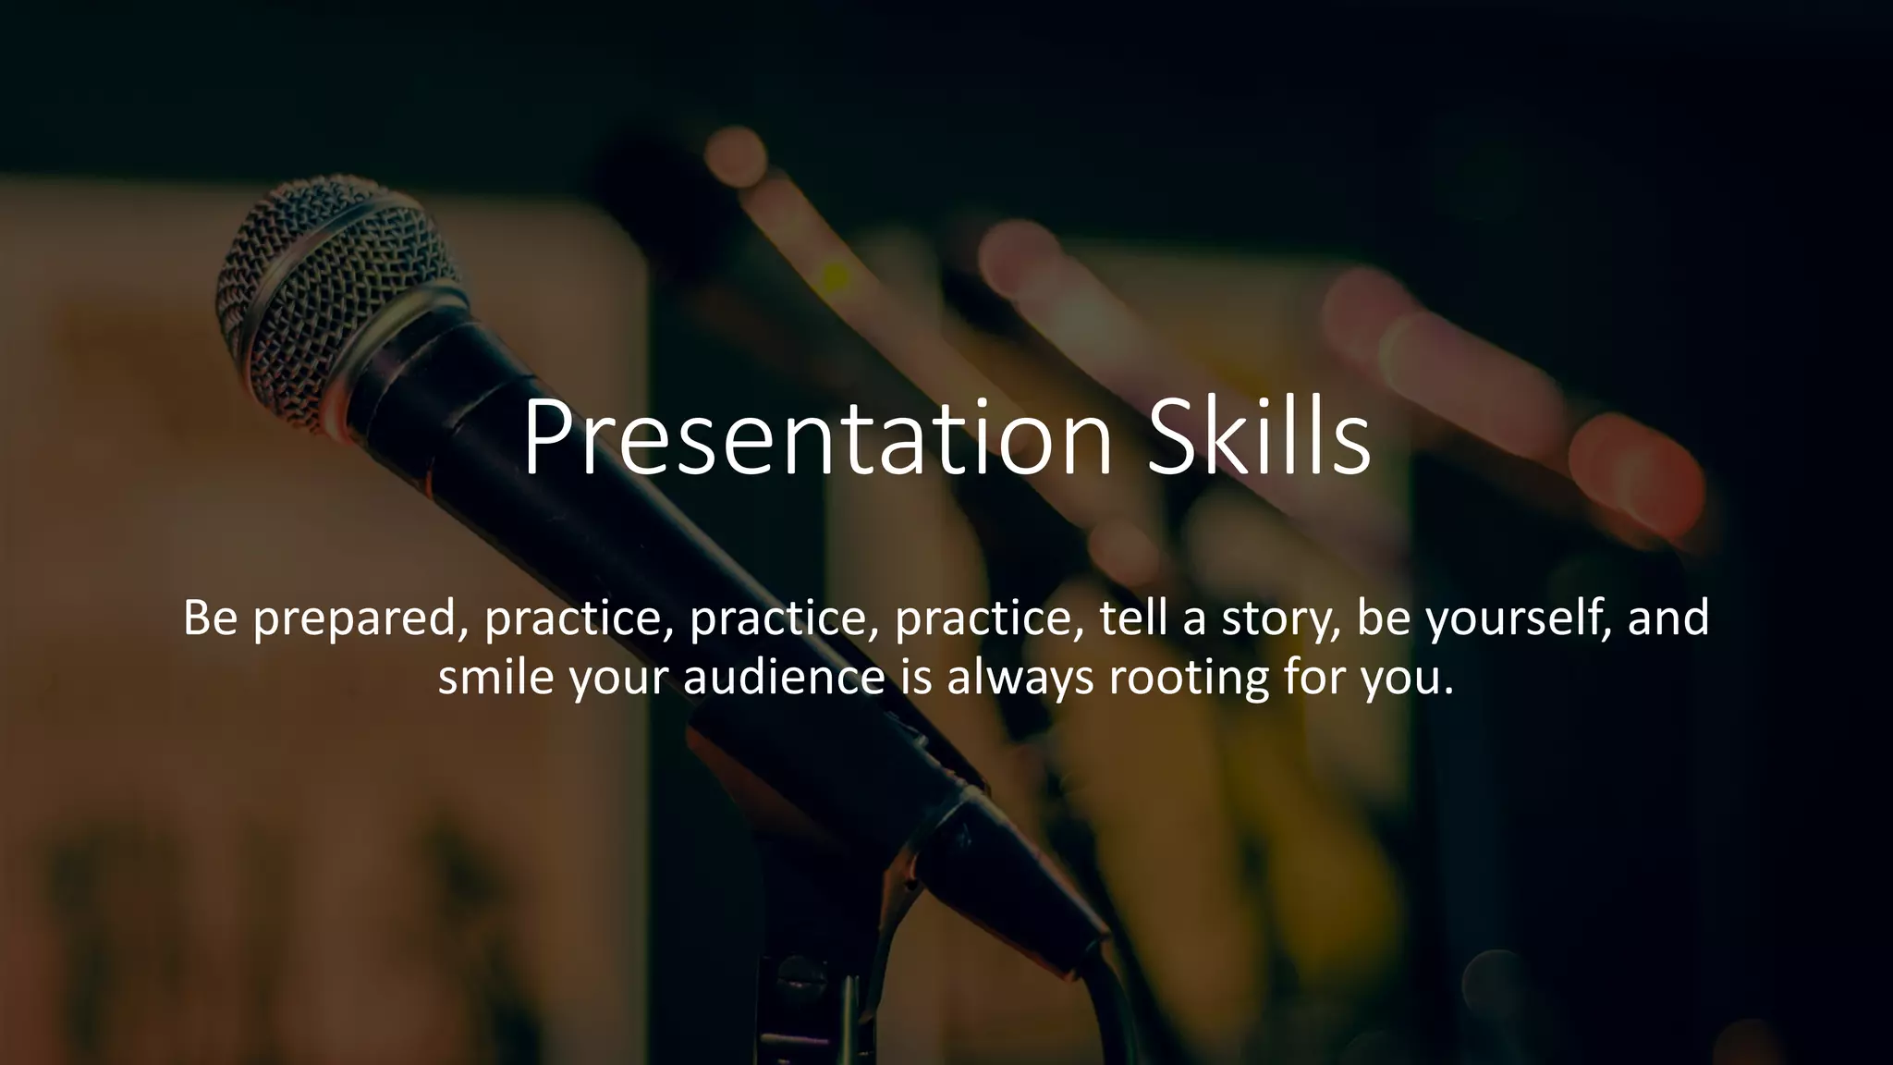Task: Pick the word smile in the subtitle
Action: (495, 677)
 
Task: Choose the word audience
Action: (785, 677)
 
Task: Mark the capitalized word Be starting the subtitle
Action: (211, 618)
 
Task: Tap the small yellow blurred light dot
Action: (836, 275)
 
